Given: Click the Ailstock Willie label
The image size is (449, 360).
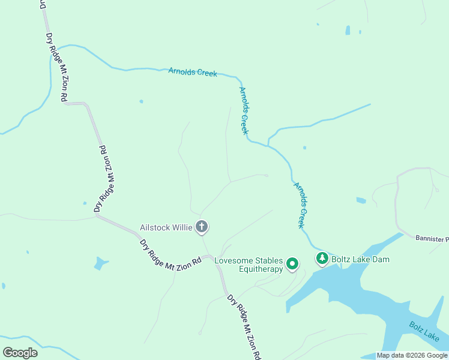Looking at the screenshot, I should [x=166, y=227].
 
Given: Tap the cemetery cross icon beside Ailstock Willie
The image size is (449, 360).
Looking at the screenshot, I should [x=202, y=227].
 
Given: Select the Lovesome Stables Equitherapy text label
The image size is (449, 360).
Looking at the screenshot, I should [x=249, y=265].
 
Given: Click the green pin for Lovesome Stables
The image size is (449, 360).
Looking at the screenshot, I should [x=292, y=263].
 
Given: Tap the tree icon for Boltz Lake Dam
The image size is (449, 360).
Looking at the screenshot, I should [x=322, y=259].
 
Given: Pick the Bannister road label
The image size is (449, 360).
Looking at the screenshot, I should [x=432, y=238].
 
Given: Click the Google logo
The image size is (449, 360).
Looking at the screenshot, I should [x=20, y=353].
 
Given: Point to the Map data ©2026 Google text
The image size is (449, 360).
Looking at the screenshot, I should [x=412, y=355].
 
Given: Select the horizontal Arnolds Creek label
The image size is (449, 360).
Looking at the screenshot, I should [x=192, y=72].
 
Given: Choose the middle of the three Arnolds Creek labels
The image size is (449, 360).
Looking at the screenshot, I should [x=244, y=110].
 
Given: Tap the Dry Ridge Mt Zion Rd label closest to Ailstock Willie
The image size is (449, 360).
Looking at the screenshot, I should [x=170, y=255].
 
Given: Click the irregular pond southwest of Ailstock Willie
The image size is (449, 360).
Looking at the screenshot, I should [x=101, y=263].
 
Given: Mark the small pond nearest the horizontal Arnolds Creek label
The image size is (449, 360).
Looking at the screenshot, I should [x=141, y=101].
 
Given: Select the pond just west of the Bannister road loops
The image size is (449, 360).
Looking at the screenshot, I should [x=361, y=200].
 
